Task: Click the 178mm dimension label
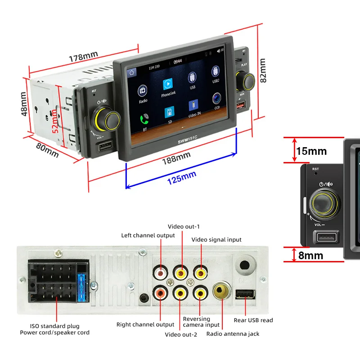tap(83, 58)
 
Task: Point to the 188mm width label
tap(176, 158)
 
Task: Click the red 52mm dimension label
tap(54, 125)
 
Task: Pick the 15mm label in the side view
tap(311, 151)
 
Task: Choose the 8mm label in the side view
tap(310, 256)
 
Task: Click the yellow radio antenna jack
tap(221, 291)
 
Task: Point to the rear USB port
tap(244, 294)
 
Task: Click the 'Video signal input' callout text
tap(216, 240)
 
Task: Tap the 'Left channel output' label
tap(148, 235)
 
